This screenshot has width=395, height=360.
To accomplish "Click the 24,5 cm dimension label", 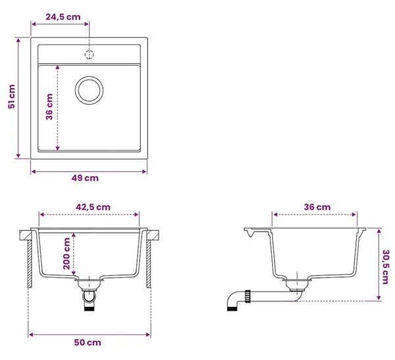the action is point(63,17).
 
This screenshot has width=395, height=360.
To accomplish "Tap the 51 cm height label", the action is point(12,97).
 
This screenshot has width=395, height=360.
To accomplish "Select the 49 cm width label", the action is point(85,178).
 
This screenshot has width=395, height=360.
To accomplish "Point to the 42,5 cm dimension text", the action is point(93,207).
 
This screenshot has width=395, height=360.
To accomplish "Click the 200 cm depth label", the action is point(66,253).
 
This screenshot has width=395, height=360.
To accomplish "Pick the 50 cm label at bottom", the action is point(88,343).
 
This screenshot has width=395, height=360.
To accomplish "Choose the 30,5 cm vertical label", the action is point(386,267).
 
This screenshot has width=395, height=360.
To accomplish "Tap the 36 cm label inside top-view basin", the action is point(49,107).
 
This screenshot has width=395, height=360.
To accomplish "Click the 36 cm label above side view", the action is point(317,207).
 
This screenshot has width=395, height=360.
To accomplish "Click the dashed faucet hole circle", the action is point(89,55).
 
